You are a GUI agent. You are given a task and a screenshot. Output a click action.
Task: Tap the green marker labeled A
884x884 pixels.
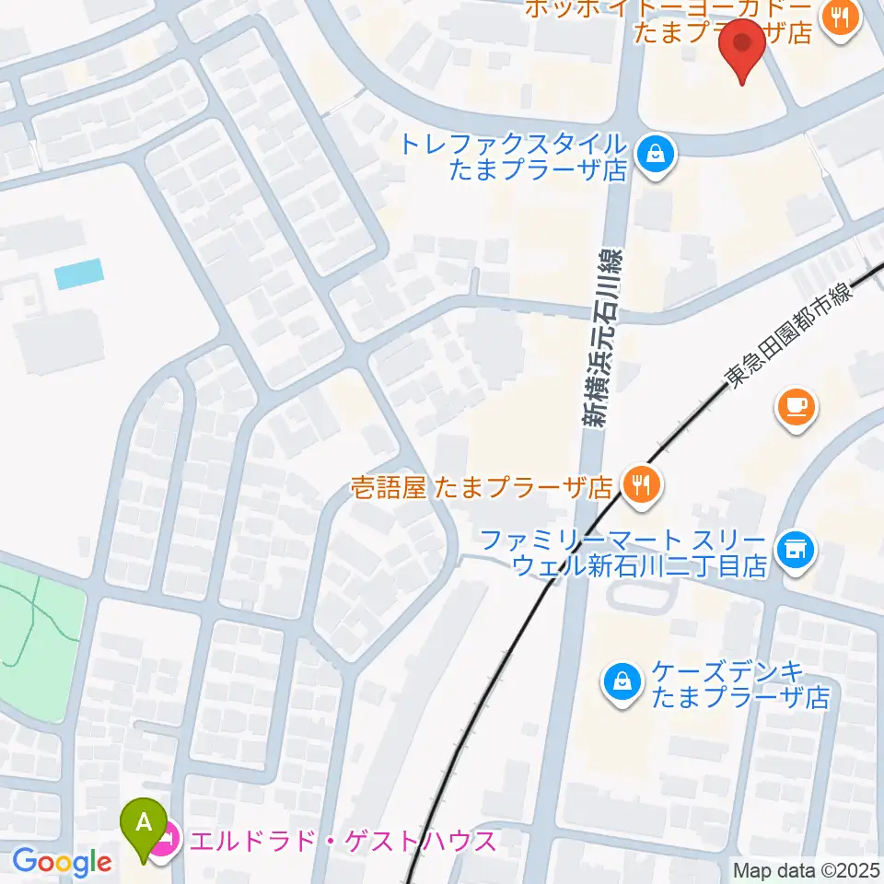(x=145, y=823)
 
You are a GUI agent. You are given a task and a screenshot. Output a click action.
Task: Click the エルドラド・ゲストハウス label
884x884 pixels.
(x=342, y=841)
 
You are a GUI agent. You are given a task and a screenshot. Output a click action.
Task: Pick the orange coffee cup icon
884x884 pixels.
(x=796, y=406)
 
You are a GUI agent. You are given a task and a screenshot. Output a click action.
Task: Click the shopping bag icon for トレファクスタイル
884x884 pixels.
(x=656, y=154)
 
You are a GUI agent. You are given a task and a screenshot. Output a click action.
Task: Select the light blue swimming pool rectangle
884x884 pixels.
(x=79, y=273)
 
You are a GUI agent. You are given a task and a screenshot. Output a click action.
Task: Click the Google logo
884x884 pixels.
(x=62, y=863)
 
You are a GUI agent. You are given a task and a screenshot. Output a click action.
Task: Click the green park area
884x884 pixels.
(x=37, y=635)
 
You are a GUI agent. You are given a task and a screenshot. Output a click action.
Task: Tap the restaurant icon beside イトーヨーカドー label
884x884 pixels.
(x=840, y=17)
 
